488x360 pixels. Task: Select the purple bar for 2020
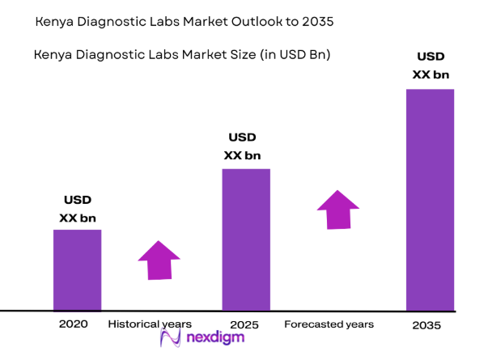(78, 269)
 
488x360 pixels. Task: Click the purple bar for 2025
(246, 239)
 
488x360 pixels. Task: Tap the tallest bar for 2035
(430, 199)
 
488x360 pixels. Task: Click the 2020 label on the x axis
(73, 324)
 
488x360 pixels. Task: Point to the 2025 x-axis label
(244, 325)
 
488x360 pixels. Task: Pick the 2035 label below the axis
(427, 325)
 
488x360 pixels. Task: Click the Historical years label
(150, 324)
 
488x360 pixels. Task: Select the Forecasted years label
(329, 324)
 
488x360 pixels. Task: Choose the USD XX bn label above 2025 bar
(242, 146)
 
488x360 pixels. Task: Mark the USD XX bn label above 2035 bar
(430, 66)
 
